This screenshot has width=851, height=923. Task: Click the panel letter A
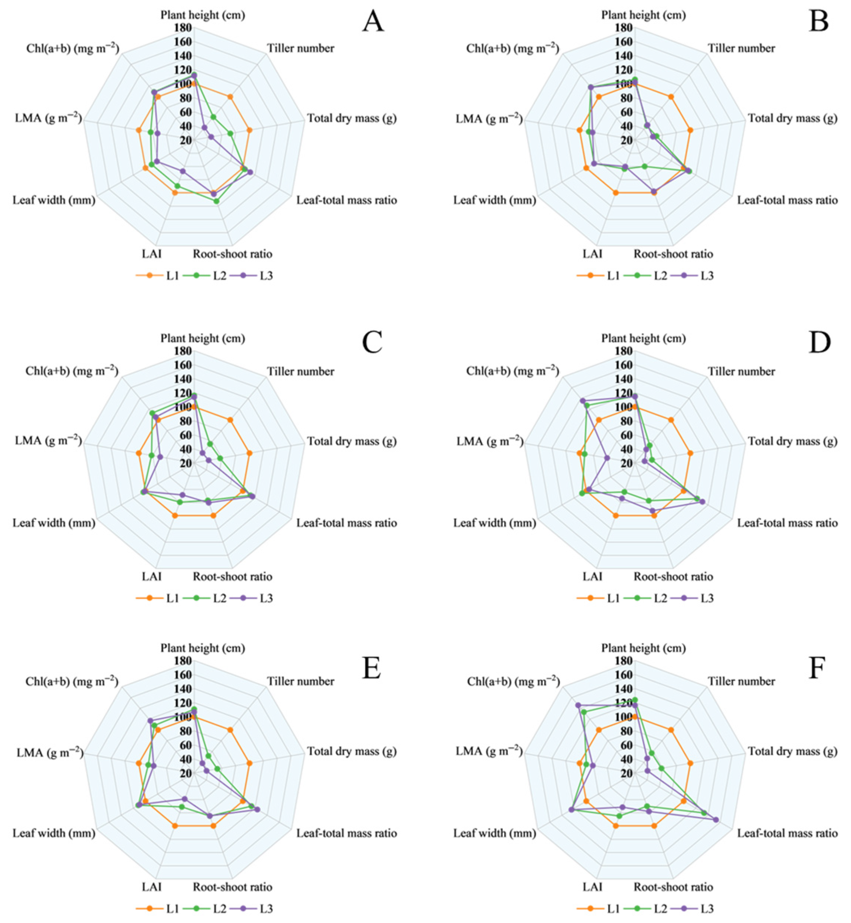[373, 22]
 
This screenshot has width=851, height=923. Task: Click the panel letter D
[819, 343]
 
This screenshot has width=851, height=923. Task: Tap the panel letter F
[816, 668]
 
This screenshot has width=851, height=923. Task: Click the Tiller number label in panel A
[301, 48]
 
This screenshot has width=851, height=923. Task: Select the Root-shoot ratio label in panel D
[673, 577]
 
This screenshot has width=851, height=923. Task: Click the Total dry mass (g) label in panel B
[792, 118]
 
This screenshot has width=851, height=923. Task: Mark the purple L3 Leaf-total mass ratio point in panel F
[716, 819]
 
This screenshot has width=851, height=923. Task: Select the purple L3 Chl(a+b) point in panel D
[583, 401]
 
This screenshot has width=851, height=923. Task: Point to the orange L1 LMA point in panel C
[138, 453]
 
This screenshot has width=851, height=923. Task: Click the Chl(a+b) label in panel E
[72, 682]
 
